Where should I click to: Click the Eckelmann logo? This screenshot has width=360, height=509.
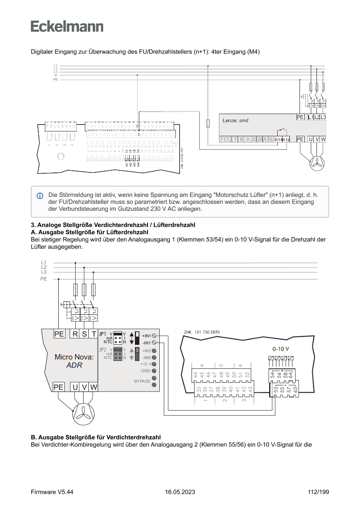click(x=67, y=26)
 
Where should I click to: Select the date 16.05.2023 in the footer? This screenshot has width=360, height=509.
click(x=180, y=492)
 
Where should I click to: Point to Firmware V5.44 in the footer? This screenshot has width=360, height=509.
click(x=52, y=492)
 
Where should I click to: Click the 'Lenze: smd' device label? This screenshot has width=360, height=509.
click(x=235, y=120)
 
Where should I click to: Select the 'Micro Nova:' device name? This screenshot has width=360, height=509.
click(x=74, y=357)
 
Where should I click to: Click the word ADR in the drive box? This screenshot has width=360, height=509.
click(x=74, y=365)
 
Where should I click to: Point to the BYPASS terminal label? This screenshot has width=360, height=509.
click(x=142, y=381)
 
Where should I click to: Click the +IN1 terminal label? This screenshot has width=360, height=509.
click(x=146, y=336)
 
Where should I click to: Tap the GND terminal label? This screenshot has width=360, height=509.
click(x=145, y=371)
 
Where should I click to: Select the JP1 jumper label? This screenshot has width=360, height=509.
click(x=103, y=334)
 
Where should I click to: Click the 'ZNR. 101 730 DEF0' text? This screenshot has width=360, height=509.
click(x=202, y=332)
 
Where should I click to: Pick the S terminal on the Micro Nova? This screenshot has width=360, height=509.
click(x=84, y=334)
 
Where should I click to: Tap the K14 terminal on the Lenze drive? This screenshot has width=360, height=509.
click(x=279, y=139)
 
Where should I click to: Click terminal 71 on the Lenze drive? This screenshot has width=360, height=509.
click(x=222, y=139)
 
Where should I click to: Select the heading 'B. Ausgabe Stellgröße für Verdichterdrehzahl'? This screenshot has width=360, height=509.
click(x=96, y=437)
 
